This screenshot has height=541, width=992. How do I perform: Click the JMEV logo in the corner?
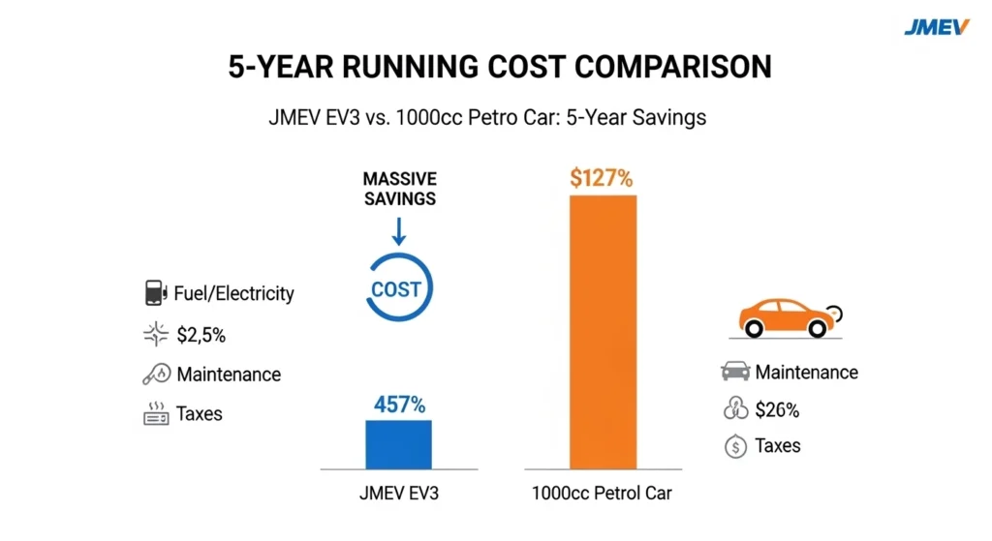coord(936,26)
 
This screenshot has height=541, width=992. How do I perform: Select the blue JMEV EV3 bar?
coord(398,444)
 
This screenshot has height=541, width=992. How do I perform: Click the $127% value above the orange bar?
coord(601,178)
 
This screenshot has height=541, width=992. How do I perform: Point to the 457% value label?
coord(398,406)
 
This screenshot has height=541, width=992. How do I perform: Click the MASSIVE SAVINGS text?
coord(399,189)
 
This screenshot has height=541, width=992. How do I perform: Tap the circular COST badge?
coord(397,289)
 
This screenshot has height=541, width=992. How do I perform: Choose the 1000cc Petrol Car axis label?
coord(602,494)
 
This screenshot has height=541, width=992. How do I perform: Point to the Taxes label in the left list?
coord(200,414)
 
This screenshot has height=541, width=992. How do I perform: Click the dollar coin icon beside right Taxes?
coord(735,446)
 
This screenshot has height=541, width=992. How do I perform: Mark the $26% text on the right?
coord(777,409)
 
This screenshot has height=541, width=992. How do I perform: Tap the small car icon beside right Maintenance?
coord(735,372)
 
